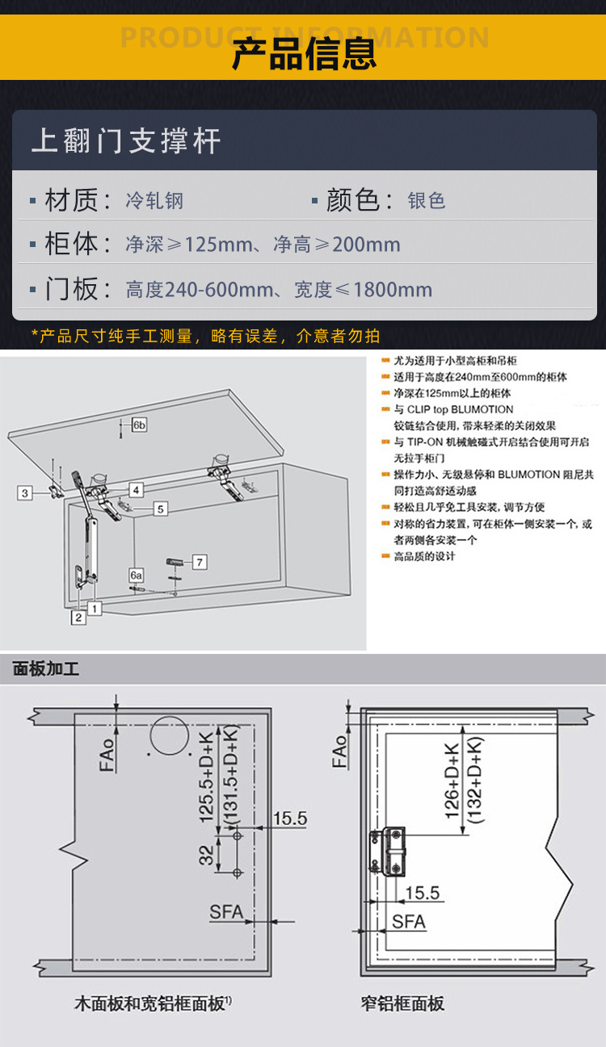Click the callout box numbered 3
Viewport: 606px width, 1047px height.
coord(25,493)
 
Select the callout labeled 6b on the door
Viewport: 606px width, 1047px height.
coord(139,425)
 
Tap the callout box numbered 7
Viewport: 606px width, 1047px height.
coord(200,562)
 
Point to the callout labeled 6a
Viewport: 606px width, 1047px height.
coord(137,576)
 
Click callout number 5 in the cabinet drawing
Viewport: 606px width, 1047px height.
coord(161,509)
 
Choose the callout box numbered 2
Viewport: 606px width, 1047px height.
coord(78,618)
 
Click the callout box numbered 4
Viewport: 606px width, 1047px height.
coord(136,490)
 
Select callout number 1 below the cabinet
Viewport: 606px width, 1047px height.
coord(95,608)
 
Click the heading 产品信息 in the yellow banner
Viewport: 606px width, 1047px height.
coord(304,54)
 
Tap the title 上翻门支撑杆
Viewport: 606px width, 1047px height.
coord(126,140)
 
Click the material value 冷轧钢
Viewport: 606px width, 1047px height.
coord(154,201)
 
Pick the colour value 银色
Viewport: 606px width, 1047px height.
coord(427,200)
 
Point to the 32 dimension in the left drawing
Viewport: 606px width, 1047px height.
coord(206,855)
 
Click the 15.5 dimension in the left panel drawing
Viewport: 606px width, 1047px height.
coord(290,819)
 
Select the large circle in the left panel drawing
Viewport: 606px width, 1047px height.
coord(169,735)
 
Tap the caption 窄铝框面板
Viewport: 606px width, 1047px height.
coord(402,1003)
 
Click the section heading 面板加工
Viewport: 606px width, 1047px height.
coord(45,669)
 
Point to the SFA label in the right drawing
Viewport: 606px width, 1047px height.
coord(409,922)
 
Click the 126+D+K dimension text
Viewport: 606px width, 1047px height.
coord(452,781)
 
